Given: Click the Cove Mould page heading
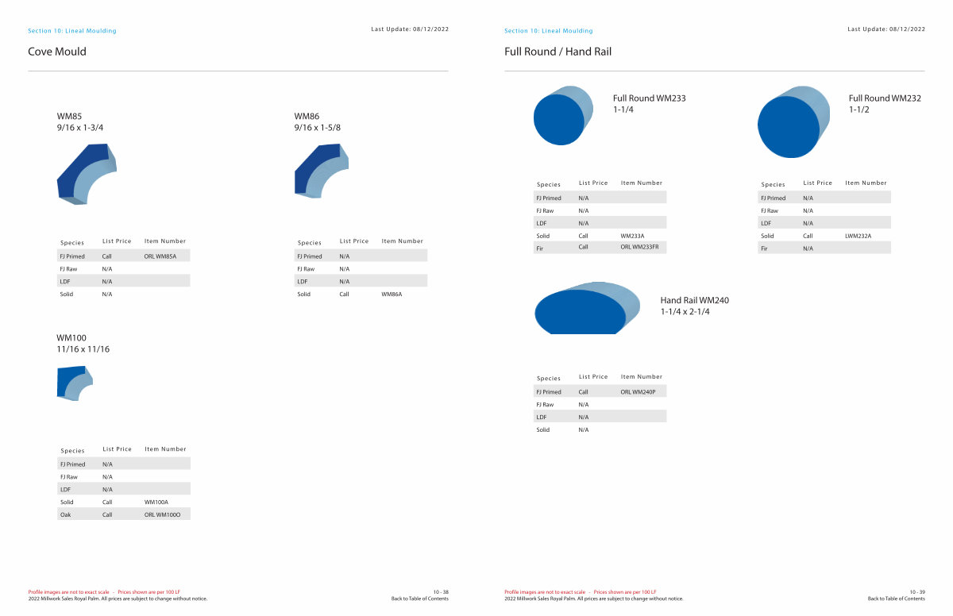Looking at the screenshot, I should click(57, 52).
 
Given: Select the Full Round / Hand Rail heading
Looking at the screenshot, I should click(558, 52).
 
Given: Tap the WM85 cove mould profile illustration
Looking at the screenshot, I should click(87, 174).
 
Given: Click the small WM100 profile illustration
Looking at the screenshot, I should click(74, 383).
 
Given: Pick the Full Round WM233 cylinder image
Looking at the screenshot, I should click(563, 116).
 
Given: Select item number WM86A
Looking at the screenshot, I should click(392, 295).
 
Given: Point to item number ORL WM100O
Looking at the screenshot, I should click(162, 515).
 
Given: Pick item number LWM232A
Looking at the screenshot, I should click(858, 236).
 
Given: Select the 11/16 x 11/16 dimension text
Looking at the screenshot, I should click(83, 349).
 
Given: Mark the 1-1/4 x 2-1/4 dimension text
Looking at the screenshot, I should click(685, 312).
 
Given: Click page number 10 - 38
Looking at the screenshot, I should click(441, 592).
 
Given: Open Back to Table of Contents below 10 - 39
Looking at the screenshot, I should click(896, 599).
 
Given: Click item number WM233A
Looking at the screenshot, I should click(632, 236).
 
